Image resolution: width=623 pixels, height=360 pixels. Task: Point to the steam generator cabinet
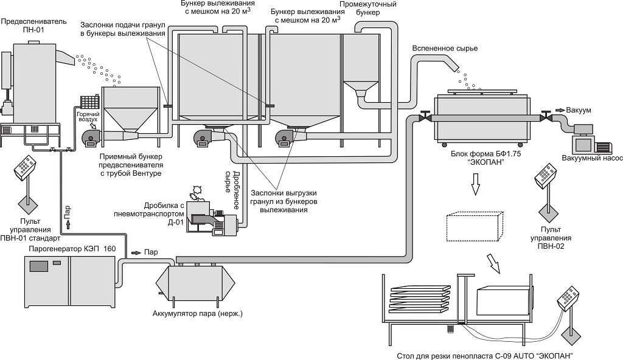coord(69,281)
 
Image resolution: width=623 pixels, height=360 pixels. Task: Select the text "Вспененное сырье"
coord(445,48)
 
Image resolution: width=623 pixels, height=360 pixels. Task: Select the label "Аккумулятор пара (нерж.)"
coord(197,314)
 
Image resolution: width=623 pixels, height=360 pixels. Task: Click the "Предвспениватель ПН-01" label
coord(33,26)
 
